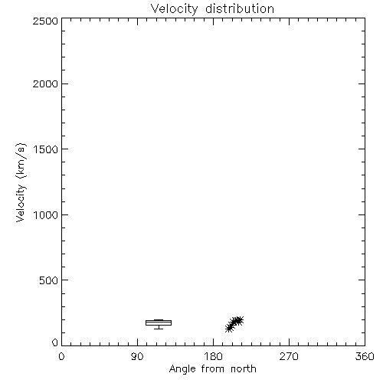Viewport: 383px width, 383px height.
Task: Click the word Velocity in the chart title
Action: pos(174,9)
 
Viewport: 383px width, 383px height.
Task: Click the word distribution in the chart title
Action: pos(240,8)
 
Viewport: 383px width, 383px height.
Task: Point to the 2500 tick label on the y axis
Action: pos(45,21)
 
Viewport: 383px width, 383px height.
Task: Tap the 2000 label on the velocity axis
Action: pos(45,84)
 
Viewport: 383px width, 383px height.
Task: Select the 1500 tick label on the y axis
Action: pos(46,149)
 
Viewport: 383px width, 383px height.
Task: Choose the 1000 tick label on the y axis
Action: pos(46,215)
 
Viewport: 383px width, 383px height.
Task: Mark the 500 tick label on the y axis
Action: pos(49,280)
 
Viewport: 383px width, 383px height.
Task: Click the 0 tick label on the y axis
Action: pos(55,342)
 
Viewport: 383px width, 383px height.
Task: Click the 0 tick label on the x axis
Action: pos(61,356)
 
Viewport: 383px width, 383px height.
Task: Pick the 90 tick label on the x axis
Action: pos(137,356)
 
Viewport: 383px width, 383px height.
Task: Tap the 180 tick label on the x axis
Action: pos(213,356)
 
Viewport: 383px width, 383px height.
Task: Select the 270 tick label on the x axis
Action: pos(289,356)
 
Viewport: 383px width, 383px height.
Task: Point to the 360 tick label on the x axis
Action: pos(365,356)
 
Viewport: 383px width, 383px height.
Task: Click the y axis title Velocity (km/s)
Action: pos(21,182)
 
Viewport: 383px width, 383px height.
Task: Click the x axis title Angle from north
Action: pos(213,369)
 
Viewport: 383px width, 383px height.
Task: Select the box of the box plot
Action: pos(159,322)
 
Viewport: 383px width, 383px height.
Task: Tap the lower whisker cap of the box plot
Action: pos(159,329)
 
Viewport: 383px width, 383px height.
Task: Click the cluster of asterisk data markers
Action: pos(234,324)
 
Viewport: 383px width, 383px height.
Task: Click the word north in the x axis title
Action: pos(244,369)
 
